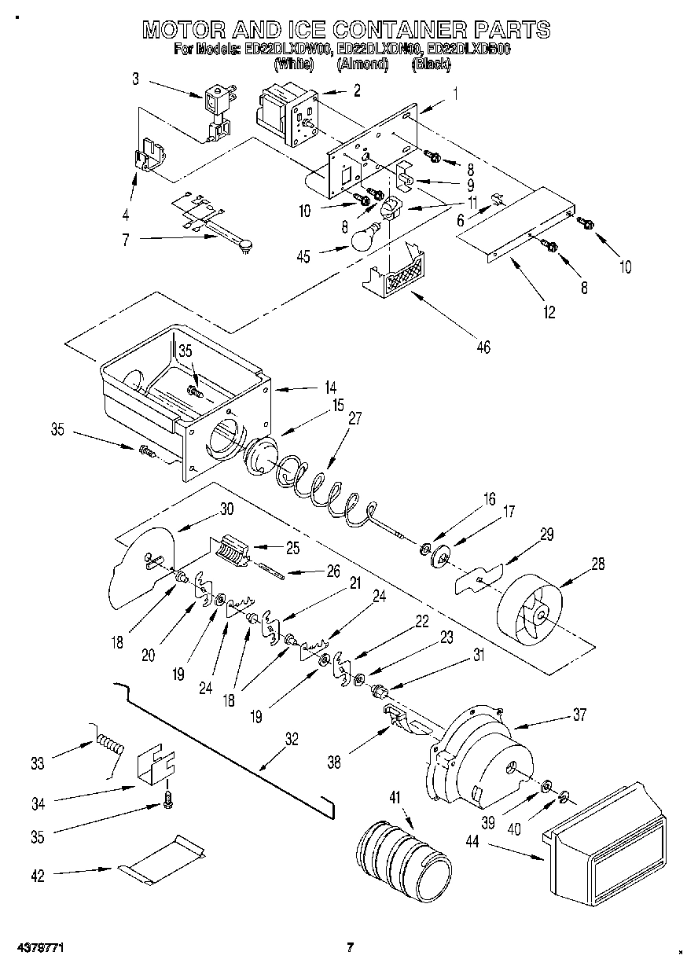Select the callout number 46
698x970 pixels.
click(x=483, y=346)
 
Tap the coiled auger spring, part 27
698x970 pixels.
click(x=322, y=491)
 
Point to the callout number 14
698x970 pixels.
click(x=330, y=387)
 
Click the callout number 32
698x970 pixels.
click(x=292, y=738)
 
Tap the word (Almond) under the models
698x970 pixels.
click(x=362, y=65)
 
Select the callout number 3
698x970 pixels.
click(x=135, y=78)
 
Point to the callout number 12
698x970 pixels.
click(x=549, y=312)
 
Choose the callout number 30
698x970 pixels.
click(x=226, y=509)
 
